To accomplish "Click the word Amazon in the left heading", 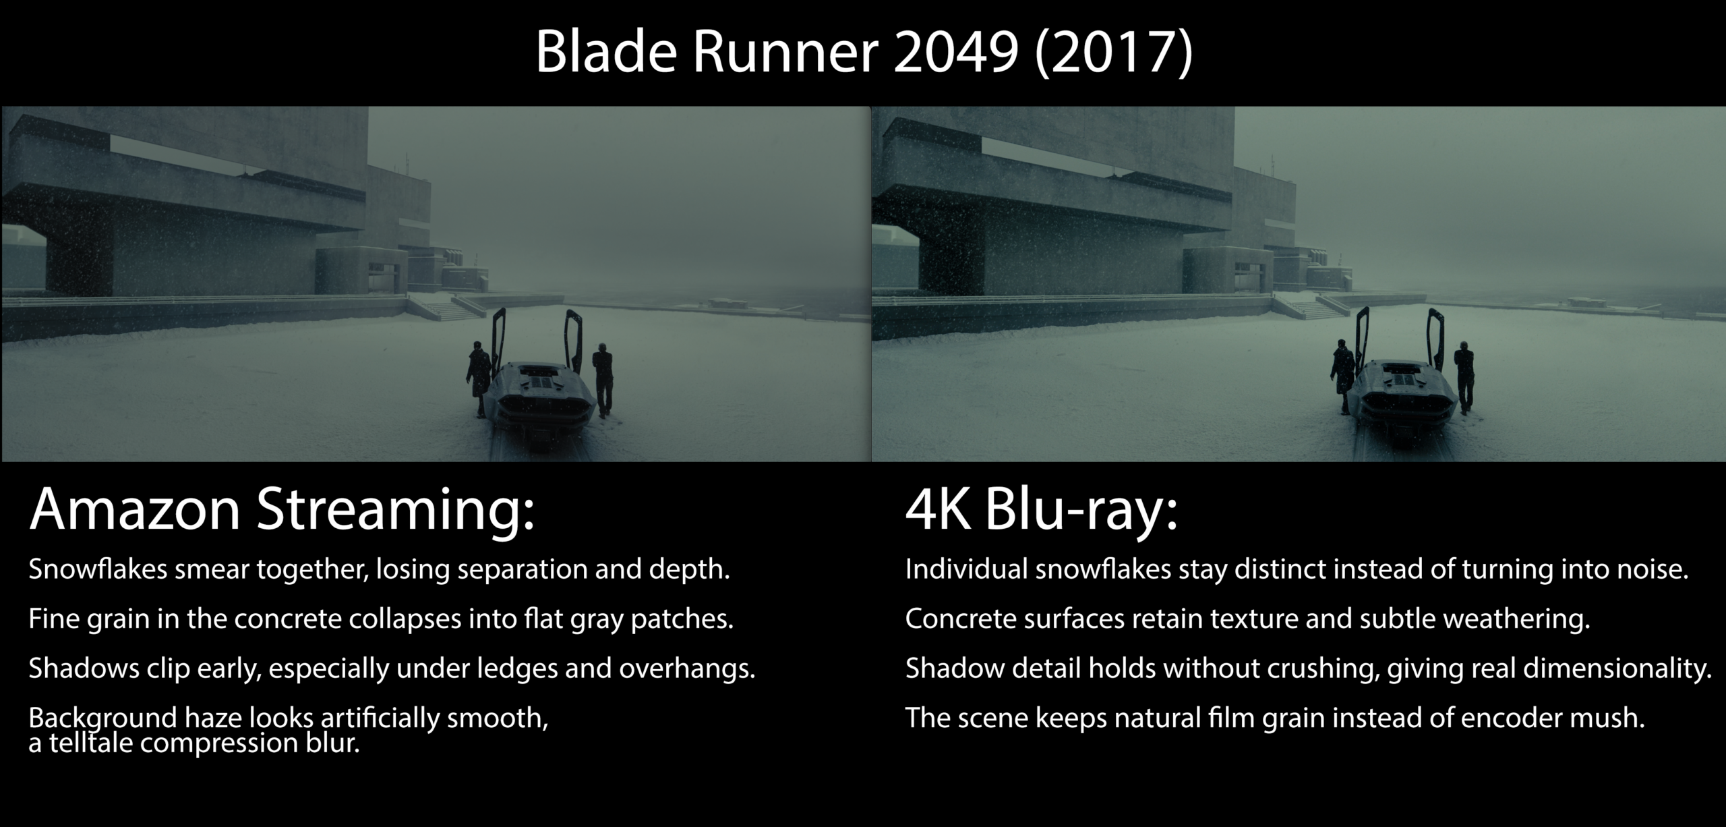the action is [x=135, y=510].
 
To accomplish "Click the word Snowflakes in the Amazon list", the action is [x=98, y=570].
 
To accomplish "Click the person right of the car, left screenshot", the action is [x=603, y=381].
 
